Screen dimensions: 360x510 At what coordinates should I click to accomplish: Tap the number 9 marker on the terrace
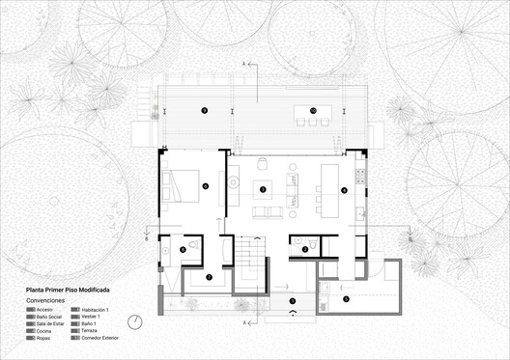(x=204, y=111)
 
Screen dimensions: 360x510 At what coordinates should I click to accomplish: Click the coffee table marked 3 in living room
(x=264, y=189)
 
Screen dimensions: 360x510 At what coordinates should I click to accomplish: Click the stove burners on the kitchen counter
(x=360, y=175)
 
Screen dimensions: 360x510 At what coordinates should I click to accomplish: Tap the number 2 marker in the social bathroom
(x=305, y=250)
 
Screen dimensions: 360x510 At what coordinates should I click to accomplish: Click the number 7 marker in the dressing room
(x=209, y=278)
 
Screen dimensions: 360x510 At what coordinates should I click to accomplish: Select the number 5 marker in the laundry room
(x=347, y=299)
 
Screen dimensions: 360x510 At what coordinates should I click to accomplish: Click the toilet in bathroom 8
(x=194, y=247)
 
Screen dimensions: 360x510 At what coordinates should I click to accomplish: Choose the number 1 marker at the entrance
(x=292, y=300)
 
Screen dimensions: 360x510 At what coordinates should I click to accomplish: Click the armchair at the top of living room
(x=263, y=161)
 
